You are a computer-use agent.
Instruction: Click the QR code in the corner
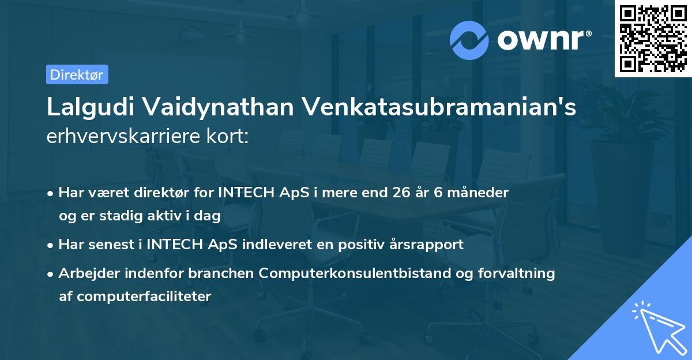pos(653,38)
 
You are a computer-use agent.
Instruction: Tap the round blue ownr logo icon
pos(469,40)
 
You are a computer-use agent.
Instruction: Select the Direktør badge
pos(77,74)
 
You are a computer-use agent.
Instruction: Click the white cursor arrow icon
pos(657,326)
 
